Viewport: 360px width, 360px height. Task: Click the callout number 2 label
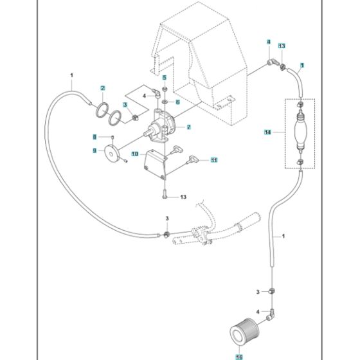click(102, 87)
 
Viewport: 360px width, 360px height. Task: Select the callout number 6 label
click(178, 102)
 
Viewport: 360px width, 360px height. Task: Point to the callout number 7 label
click(188, 127)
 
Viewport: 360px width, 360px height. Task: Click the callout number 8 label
click(94, 137)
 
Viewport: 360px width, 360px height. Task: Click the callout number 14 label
click(267, 132)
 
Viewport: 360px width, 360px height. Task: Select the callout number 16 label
click(240, 352)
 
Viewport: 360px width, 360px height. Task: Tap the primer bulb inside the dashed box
click(300, 132)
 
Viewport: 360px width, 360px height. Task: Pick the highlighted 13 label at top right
click(282, 46)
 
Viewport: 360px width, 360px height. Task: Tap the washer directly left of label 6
click(165, 102)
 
